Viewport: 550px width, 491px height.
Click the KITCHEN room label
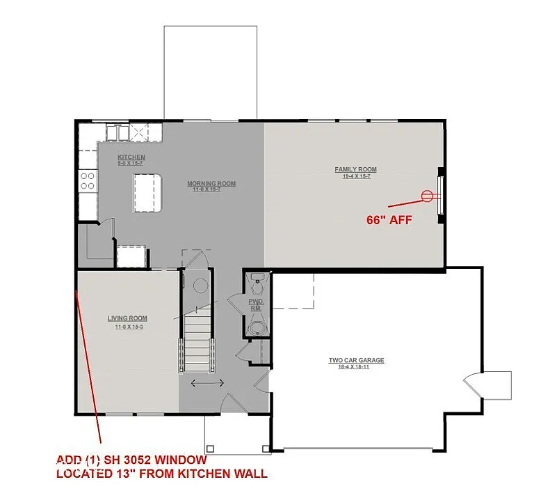[x=131, y=157]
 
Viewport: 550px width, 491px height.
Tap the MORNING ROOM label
[x=211, y=184]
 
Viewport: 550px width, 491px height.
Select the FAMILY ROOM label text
[x=355, y=169]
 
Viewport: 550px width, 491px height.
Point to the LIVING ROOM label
[x=127, y=318]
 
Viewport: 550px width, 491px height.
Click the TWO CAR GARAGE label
[x=356, y=360]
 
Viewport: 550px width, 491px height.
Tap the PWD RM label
[x=256, y=304]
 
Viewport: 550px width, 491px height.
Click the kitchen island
[x=147, y=193]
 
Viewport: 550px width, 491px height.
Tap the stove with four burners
[x=88, y=181]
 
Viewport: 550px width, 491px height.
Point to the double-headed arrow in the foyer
[x=207, y=383]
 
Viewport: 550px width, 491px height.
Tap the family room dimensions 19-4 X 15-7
[x=355, y=177]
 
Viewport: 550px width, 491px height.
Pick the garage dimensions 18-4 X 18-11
[x=356, y=367]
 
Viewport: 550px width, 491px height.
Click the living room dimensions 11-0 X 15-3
[x=127, y=326]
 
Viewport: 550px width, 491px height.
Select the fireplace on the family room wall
[x=440, y=196]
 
